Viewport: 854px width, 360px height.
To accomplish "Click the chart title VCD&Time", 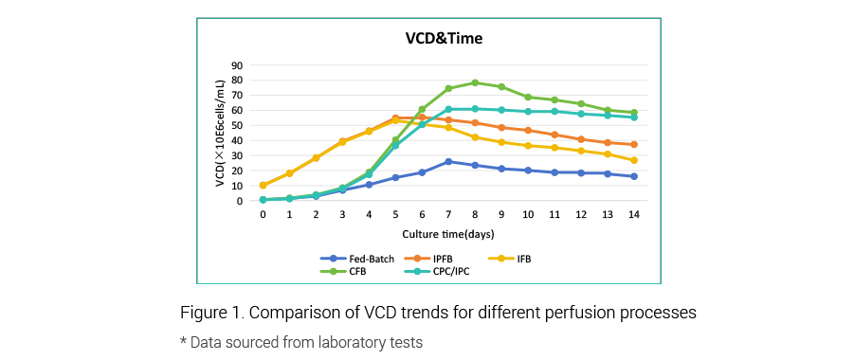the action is [x=444, y=39].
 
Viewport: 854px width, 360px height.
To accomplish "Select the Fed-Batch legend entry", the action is [x=357, y=260].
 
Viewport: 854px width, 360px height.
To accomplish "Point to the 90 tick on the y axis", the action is [x=239, y=65].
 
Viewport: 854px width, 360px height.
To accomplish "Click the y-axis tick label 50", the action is [x=239, y=125].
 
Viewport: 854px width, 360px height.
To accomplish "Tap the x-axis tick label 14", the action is [x=634, y=215].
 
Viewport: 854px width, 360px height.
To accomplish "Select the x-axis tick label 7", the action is [x=448, y=215].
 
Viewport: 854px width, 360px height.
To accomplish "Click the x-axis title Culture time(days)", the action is [x=448, y=235].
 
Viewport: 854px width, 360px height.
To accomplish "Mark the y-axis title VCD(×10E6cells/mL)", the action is [x=220, y=134].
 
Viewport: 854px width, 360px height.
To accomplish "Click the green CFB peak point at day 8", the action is [x=475, y=82].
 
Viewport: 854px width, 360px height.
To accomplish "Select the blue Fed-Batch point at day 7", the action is [x=448, y=162].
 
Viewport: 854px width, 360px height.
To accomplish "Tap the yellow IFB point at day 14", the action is [x=634, y=160].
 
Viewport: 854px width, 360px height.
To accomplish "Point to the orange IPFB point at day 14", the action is [x=634, y=144].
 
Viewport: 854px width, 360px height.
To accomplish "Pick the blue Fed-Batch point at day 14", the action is [x=634, y=176].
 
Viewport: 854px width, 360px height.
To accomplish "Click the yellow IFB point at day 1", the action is [x=289, y=173].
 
